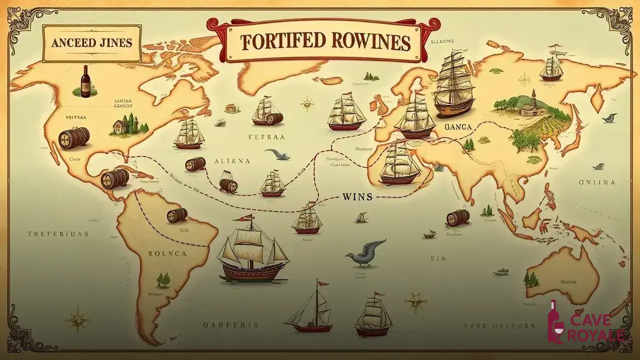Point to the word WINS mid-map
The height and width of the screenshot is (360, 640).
pos(357,197)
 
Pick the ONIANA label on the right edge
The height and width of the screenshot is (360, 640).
pos(596,183)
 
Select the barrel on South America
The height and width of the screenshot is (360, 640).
pos(177,215)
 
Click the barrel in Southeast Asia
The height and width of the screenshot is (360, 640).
pos(458,218)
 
